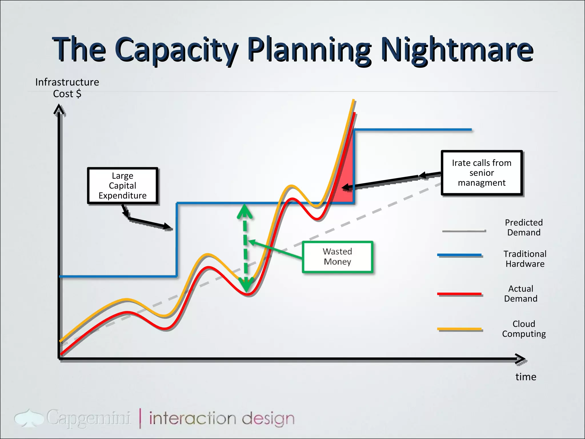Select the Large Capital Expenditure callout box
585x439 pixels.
click(x=123, y=186)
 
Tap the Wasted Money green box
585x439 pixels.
click(x=337, y=257)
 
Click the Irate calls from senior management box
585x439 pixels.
click(x=482, y=173)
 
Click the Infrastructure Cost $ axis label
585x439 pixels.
click(x=67, y=88)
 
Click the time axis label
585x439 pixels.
click(x=526, y=377)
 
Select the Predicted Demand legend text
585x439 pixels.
click(x=524, y=228)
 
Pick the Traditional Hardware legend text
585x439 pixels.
click(x=525, y=259)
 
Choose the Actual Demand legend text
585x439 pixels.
click(x=520, y=294)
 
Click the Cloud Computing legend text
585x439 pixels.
click(x=524, y=329)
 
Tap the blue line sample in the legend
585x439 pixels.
click(x=459, y=255)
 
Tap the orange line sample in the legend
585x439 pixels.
click(x=459, y=329)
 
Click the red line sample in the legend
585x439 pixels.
click(x=459, y=294)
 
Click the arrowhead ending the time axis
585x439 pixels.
click(x=520, y=359)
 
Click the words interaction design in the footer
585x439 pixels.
click(x=222, y=419)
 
